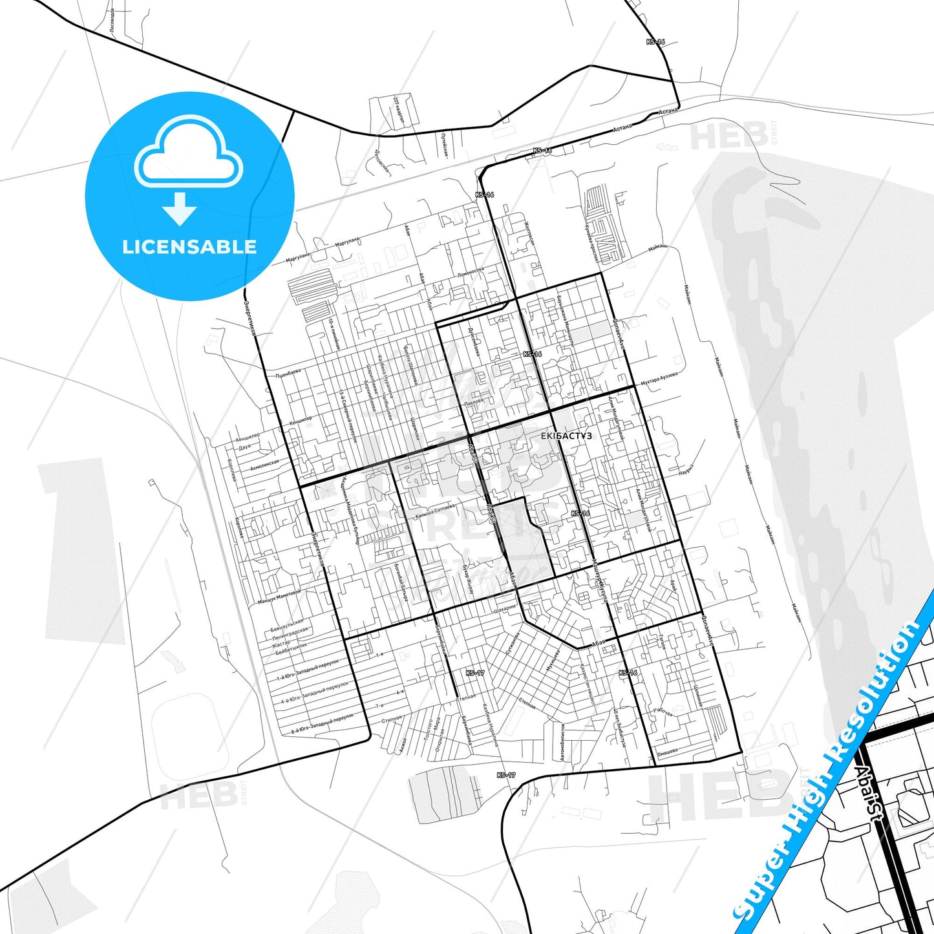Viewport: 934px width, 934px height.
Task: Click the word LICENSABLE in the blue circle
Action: click(x=189, y=246)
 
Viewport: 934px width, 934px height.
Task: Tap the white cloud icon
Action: click(x=189, y=153)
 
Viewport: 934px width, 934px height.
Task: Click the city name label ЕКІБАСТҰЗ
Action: click(x=566, y=436)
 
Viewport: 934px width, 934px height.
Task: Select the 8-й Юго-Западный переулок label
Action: click(x=323, y=723)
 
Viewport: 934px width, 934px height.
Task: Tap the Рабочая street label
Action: click(x=663, y=712)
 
